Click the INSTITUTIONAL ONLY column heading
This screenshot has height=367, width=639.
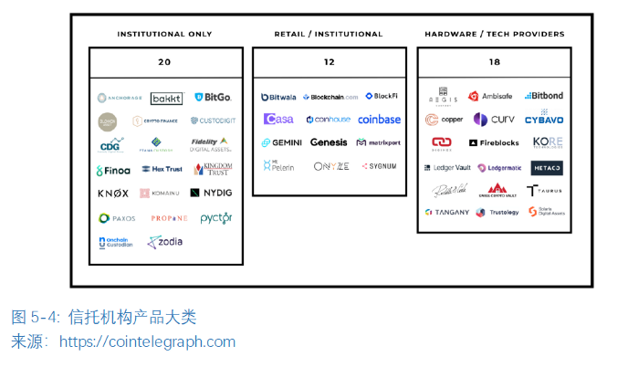point(164,35)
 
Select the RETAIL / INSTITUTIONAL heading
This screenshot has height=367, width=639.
point(329,35)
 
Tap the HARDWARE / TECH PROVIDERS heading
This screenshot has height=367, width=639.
point(494,35)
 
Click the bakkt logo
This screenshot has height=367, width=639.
point(166,98)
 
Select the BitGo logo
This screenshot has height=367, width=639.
point(213,97)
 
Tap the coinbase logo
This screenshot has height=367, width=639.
point(379,120)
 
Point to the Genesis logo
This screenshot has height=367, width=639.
point(329,142)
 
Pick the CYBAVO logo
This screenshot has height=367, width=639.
point(544,120)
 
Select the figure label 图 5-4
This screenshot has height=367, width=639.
point(36,318)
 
